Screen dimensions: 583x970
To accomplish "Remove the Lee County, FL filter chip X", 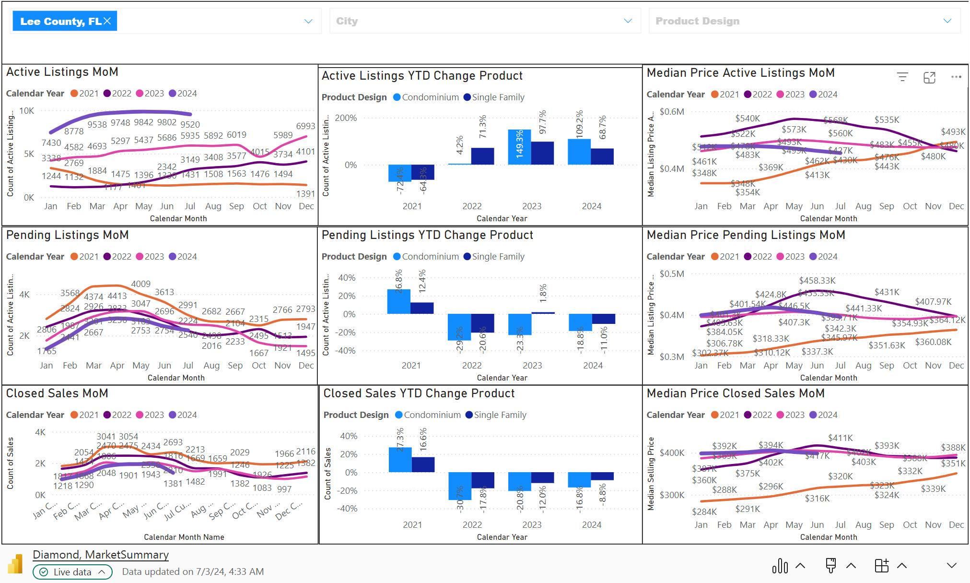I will (107, 21).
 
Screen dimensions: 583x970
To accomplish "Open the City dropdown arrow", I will (628, 21).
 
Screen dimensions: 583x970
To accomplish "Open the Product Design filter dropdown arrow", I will (947, 21).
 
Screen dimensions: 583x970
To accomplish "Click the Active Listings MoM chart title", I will (62, 72).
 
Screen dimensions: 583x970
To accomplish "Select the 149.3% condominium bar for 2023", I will (519, 147).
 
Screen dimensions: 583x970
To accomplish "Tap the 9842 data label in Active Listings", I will (144, 123).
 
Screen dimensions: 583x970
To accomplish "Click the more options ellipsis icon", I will (956, 77).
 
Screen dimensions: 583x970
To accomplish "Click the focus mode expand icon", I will (929, 77).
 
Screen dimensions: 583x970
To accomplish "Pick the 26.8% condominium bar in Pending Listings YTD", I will (398, 301).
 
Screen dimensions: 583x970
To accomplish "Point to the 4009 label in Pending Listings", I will (140, 284).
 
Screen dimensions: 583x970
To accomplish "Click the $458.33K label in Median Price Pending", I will (817, 280).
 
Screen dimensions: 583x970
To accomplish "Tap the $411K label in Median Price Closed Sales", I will (840, 438).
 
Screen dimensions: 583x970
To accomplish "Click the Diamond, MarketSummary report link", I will (101, 555).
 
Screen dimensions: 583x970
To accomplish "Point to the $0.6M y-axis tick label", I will (672, 112).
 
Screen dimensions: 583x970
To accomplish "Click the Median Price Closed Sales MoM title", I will (736, 393).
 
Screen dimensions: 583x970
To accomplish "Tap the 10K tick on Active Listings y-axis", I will (27, 111).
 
